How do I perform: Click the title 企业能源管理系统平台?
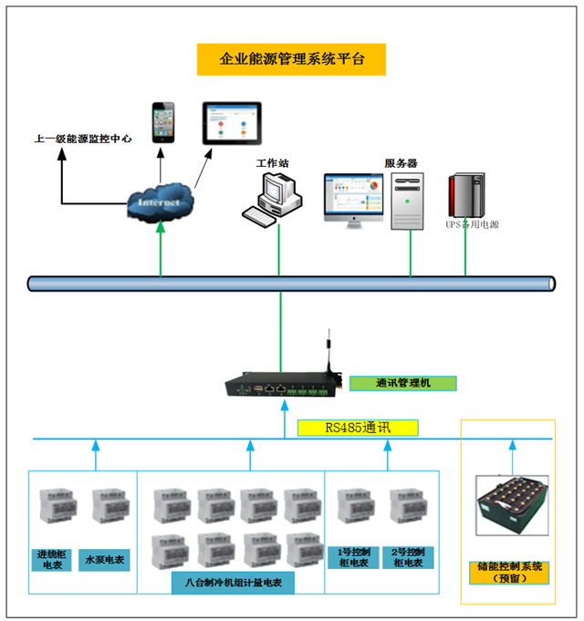tap(292, 59)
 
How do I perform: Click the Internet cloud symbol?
tap(161, 202)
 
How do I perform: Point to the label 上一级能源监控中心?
tap(83, 140)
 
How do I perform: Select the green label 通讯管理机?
tap(401, 383)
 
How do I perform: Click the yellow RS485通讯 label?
tap(358, 427)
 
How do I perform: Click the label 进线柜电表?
tap(53, 558)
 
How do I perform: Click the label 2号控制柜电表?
tap(407, 558)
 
